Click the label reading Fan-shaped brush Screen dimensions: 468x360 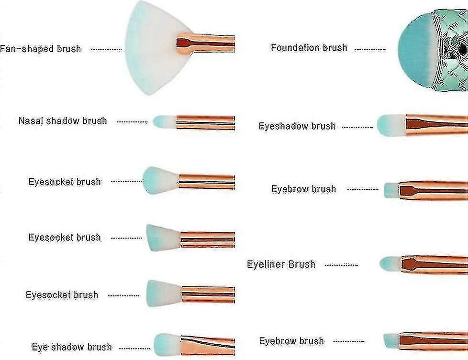(40, 49)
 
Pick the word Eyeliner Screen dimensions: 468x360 (266, 264)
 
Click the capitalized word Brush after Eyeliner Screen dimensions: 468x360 (302, 264)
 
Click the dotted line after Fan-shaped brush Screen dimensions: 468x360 (106, 50)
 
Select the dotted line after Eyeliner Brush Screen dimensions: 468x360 (341, 265)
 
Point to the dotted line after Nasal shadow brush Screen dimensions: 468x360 (132, 122)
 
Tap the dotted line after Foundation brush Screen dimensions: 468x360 (370, 49)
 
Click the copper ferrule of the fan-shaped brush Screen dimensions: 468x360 (205, 44)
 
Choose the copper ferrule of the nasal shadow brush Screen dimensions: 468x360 (205, 122)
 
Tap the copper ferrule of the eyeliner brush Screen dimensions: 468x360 (435, 264)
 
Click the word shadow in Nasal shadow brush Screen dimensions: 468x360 (63, 121)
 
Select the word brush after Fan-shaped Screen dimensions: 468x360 (69, 49)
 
